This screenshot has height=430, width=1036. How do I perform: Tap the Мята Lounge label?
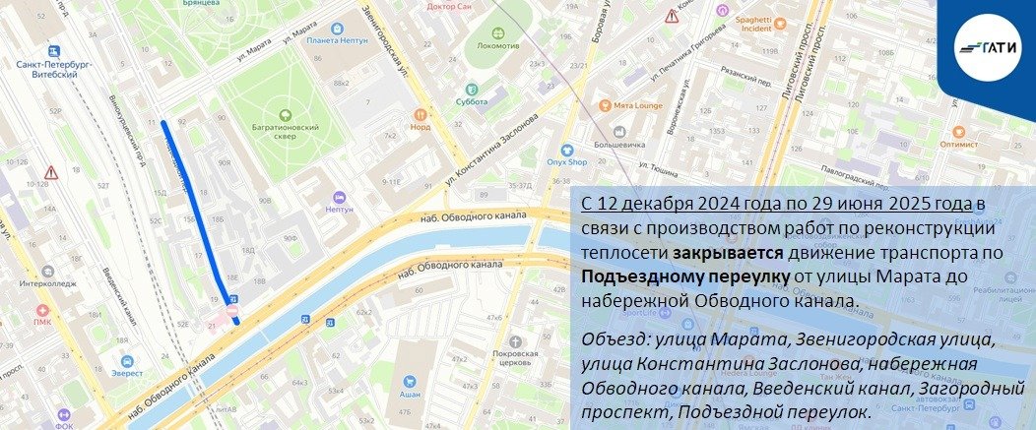(x=635, y=105)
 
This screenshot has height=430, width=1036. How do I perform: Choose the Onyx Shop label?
(x=567, y=162)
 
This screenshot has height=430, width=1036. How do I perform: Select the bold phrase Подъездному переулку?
(x=685, y=276)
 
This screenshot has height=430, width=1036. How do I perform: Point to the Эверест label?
(x=126, y=373)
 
